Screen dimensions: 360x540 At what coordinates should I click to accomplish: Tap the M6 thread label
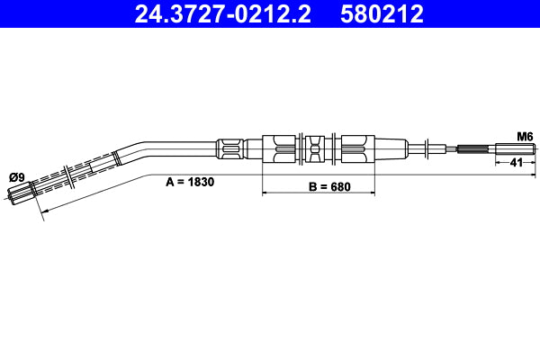click(525, 136)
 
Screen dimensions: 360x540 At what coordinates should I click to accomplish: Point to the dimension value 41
click(517, 163)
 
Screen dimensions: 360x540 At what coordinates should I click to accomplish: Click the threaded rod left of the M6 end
click(474, 149)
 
